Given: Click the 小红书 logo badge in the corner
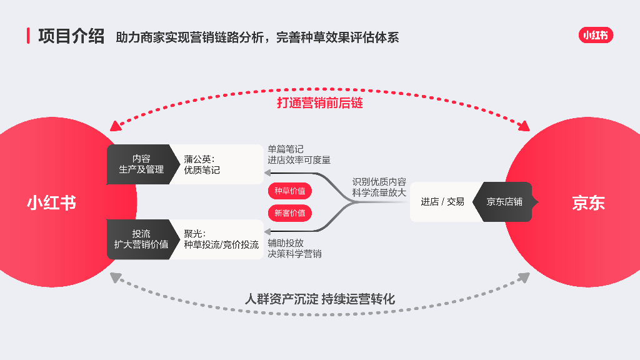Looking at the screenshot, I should pyautogui.click(x=596, y=36).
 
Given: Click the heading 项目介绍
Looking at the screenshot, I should pyautogui.click(x=71, y=36).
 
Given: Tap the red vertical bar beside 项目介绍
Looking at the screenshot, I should pyautogui.click(x=28, y=36).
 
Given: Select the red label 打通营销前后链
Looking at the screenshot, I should pyautogui.click(x=319, y=103).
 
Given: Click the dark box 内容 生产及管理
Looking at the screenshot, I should pyautogui.click(x=141, y=164).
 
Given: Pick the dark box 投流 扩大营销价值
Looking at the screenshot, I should pyautogui.click(x=141, y=239).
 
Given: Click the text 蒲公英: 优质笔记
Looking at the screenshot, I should pyautogui.click(x=202, y=164).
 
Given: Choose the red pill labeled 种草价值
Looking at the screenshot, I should pyautogui.click(x=290, y=191).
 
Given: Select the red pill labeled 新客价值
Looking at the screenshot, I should pyautogui.click(x=290, y=213).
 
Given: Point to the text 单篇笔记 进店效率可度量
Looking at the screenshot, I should pyautogui.click(x=299, y=154).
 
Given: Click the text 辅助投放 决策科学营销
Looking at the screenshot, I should pyautogui.click(x=294, y=248).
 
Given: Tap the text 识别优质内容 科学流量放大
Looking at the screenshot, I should pyautogui.click(x=379, y=187).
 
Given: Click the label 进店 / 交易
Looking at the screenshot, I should pyautogui.click(x=442, y=202).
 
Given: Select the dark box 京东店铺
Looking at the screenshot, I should pyautogui.click(x=504, y=202).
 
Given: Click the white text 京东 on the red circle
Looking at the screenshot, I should pyautogui.click(x=588, y=203).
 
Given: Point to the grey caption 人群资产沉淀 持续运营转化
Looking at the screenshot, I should pyautogui.click(x=319, y=299).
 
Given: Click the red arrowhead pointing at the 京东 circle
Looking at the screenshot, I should pyautogui.click(x=523, y=127).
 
